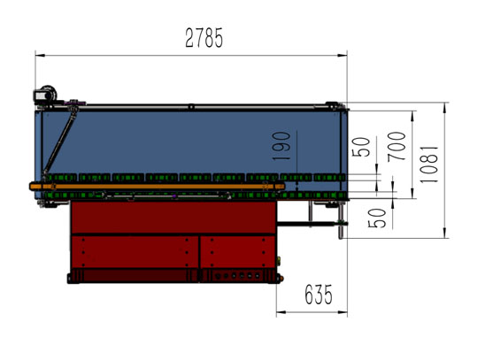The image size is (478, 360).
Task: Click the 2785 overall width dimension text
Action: pos(204,38)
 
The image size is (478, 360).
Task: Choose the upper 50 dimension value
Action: pos(361,147)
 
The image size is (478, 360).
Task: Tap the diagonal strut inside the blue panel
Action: pos(61,142)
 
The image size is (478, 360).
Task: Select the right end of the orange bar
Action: pos(281,186)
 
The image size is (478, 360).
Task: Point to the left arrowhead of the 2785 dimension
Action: pos(39,55)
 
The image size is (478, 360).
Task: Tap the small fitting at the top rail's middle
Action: pos(190,107)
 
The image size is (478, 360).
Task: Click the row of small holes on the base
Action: pos(238,276)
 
